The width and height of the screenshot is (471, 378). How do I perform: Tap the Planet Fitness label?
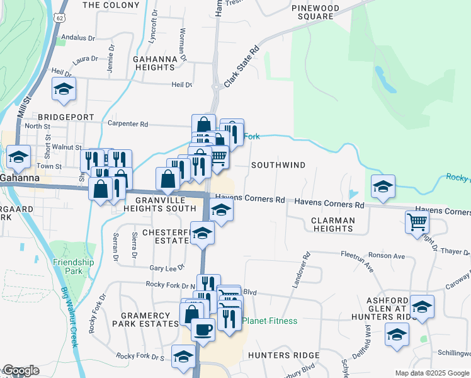pyautogui.click(x=270, y=321)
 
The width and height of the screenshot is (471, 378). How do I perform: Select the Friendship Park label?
pyautogui.click(x=74, y=266)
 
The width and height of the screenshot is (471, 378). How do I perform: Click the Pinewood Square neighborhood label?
pyautogui.click(x=315, y=12)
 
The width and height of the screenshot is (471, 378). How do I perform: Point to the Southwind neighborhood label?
pyautogui.click(x=278, y=165)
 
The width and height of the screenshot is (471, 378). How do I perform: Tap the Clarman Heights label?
pyautogui.click(x=333, y=225)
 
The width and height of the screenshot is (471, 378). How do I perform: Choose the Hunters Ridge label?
pyautogui.click(x=276, y=355)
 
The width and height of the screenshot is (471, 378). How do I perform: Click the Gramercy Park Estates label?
pyautogui.click(x=145, y=319)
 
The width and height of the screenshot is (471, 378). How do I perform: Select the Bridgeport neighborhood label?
pyautogui.click(x=65, y=117)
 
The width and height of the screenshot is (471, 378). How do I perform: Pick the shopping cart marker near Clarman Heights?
pyautogui.click(x=417, y=222)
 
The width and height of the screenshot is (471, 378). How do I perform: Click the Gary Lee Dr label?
pyautogui.click(x=165, y=268)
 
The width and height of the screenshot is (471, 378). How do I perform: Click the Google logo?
pyautogui.click(x=20, y=370)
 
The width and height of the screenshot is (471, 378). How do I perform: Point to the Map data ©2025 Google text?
pyautogui.click(x=431, y=373)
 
